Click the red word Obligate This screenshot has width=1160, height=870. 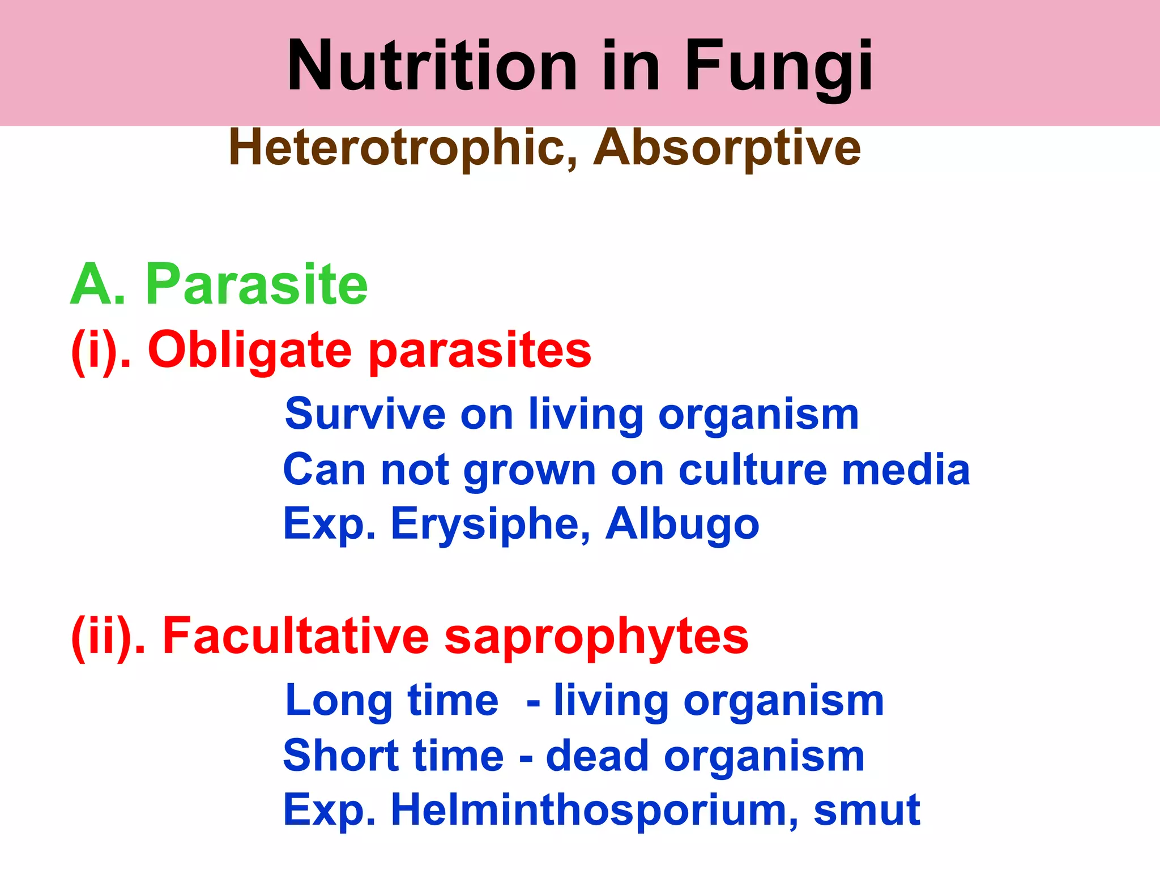click(x=250, y=350)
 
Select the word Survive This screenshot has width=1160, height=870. click(x=365, y=413)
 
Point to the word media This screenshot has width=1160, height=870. click(x=906, y=470)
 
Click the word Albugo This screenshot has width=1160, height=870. click(x=682, y=524)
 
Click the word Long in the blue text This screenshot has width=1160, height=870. click(x=339, y=701)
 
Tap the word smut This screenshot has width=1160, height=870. click(x=867, y=810)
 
